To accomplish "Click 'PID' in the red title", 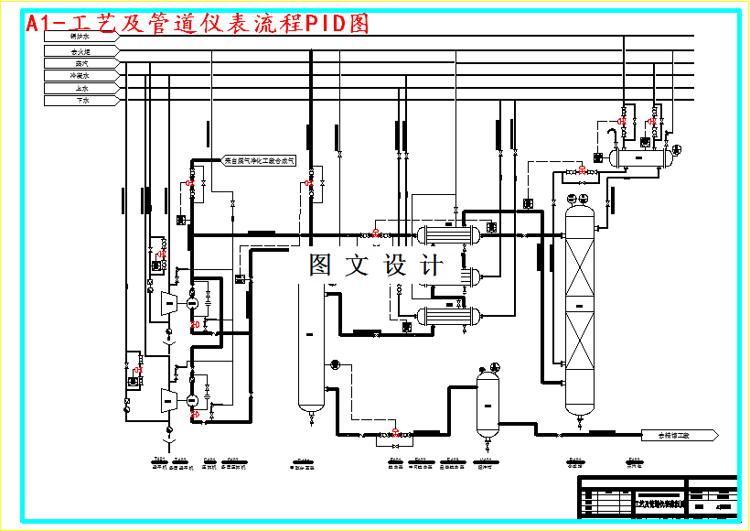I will [326, 23].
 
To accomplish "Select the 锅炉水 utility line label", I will [80, 37].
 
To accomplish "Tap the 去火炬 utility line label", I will [80, 52].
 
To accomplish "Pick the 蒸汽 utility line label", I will [80, 64].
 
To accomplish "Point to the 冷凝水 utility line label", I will [80, 76].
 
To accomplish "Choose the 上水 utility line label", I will [80, 89].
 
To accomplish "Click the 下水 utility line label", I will [80, 101].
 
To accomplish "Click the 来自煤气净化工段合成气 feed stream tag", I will [261, 160].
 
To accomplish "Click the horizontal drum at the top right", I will [643, 157].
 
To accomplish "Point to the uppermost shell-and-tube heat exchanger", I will [447, 233].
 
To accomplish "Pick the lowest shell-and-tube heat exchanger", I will [447, 316].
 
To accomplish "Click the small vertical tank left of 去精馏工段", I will [487, 403].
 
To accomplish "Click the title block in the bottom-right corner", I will [657, 498].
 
